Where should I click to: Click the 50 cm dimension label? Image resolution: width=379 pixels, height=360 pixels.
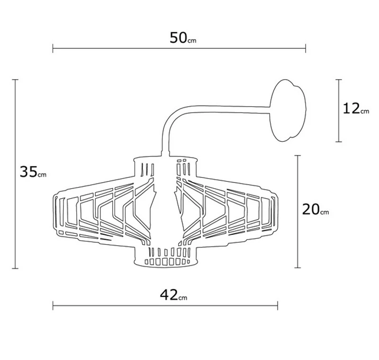pos(183,38)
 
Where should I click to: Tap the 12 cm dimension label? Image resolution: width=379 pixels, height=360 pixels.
pos(355,109)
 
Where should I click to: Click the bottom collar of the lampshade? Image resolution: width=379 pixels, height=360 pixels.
pos(164,258)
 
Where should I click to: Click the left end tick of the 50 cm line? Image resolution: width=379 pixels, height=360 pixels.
pos(53,48)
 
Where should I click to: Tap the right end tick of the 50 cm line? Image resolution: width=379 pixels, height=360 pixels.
pos(306,48)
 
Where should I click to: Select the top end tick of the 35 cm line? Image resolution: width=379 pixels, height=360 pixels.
pos(16,80)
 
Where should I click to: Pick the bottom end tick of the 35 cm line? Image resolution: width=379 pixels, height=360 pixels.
pos(16,268)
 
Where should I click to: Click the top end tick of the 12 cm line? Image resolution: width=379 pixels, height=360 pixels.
pos(338,80)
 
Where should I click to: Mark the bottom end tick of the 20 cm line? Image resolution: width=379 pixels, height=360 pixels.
pos(298,268)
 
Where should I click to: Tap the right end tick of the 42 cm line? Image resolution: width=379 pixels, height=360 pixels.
pos(278,306)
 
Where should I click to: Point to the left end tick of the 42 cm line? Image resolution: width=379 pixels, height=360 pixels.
pos(53,306)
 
